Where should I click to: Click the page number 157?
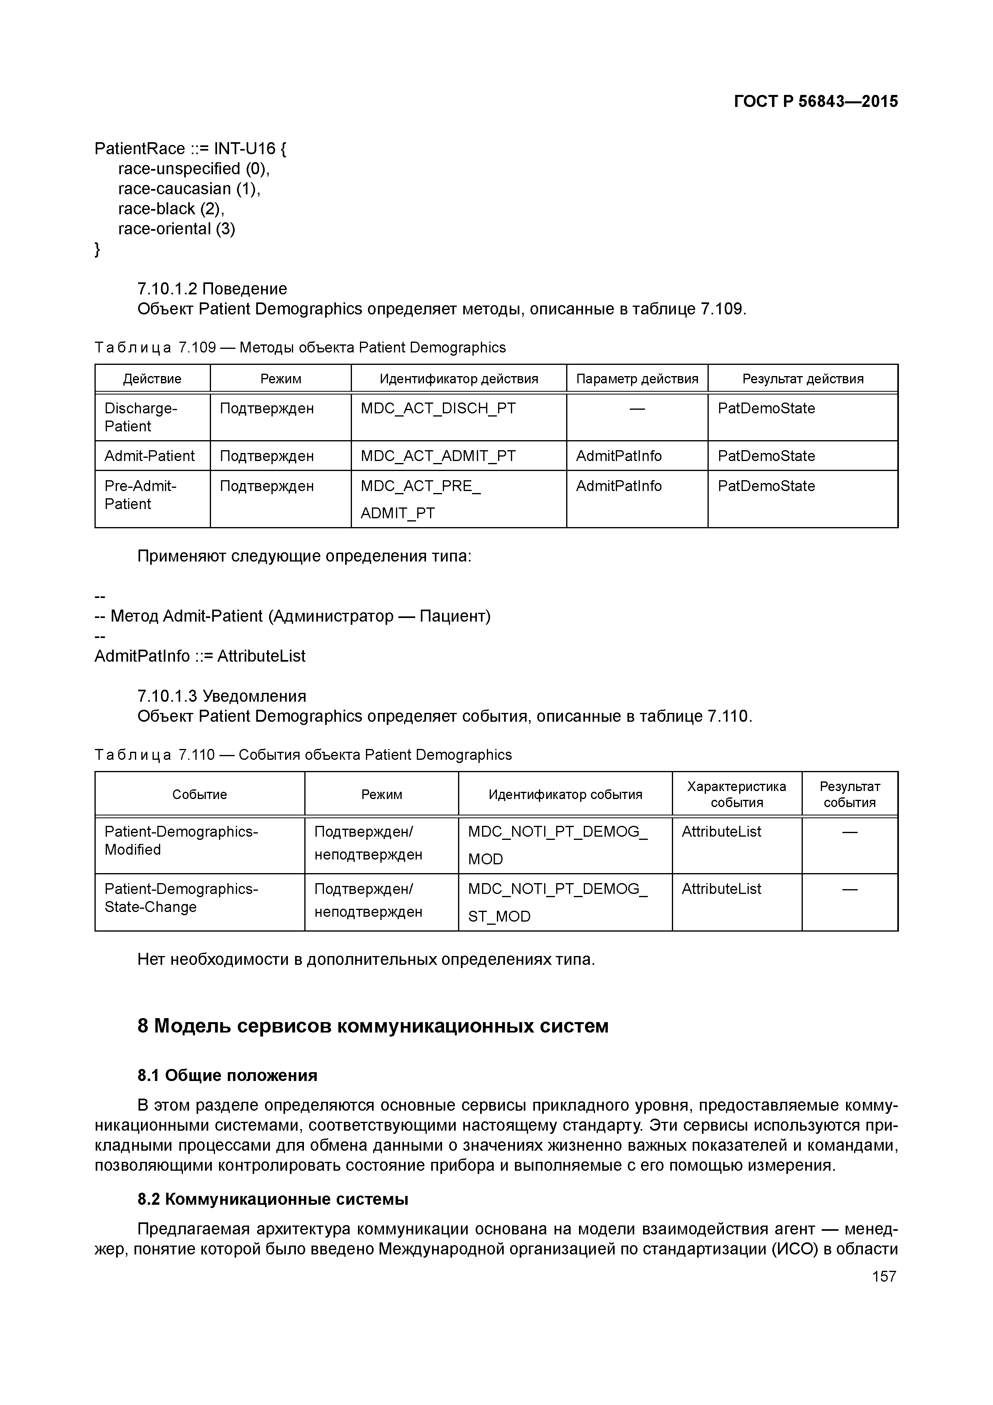coord(883,1276)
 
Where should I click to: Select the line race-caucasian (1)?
coord(189,189)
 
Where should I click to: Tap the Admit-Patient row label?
coord(149,456)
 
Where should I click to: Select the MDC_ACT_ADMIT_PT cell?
coord(438,456)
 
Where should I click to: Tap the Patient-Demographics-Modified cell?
coord(181,840)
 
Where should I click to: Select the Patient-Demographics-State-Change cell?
coord(181,898)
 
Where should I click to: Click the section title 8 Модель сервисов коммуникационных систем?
coord(373,1026)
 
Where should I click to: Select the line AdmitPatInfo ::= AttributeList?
coord(199,656)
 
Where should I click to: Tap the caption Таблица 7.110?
coord(303,755)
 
